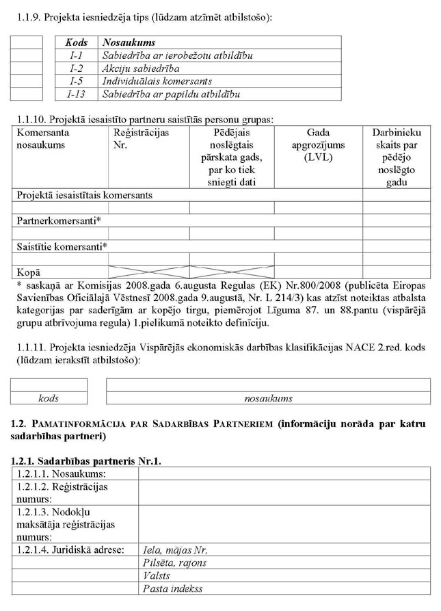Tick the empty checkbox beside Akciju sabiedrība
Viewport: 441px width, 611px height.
coord(27,68)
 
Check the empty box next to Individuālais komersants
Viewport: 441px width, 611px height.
coord(27,81)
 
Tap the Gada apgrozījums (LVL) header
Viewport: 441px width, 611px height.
coord(318,145)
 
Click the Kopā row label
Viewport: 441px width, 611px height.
coord(28,272)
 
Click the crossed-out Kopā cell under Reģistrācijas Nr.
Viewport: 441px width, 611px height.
coord(149,272)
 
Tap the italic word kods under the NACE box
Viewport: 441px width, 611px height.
coord(49,398)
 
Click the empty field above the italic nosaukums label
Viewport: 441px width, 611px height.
coord(268,385)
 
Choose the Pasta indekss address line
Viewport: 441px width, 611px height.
coord(172,588)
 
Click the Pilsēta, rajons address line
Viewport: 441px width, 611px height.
coord(174,562)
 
